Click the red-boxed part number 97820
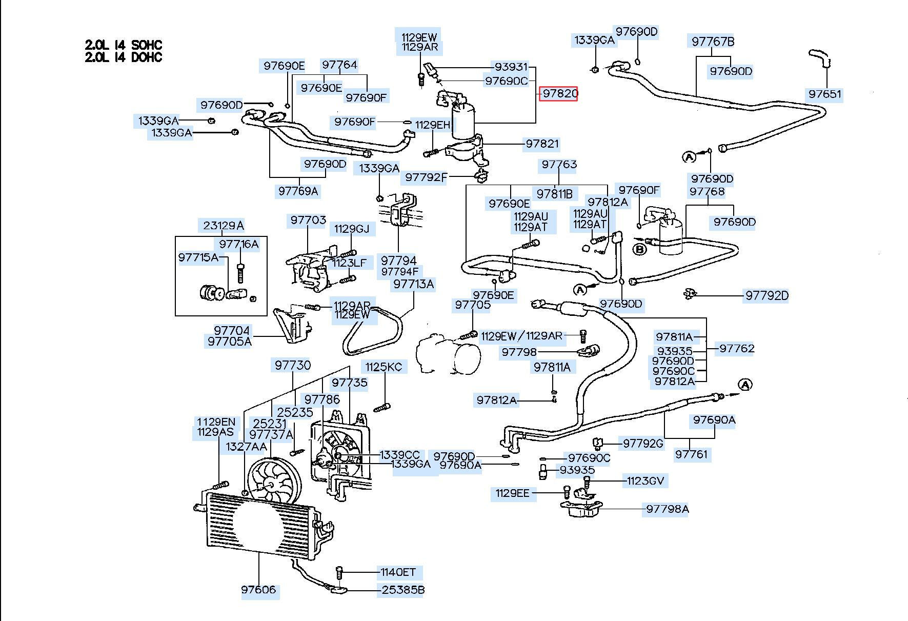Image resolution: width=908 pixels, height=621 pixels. pos(559,94)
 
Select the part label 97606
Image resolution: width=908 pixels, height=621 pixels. pos(258,590)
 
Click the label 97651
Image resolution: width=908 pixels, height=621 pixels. pos(825,94)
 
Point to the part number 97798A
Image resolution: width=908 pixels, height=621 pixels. pos(668,509)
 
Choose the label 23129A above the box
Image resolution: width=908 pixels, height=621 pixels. pos(224,226)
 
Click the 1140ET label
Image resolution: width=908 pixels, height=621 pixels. pos(398,572)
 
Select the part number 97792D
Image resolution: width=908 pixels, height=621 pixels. pos(767,296)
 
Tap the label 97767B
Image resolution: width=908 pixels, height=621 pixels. pos(713,42)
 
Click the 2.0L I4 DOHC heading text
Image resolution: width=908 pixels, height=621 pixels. pos(124,57)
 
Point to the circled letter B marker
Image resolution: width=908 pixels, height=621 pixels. pos(639,250)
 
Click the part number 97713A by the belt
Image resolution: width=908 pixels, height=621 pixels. pos(414,284)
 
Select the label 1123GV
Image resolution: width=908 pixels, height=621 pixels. pos(645,481)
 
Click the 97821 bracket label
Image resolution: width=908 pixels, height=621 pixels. pos(542,144)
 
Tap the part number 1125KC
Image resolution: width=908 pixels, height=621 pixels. pos(384,367)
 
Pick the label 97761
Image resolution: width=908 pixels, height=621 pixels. pos(691,454)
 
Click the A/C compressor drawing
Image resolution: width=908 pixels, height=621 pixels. pos(449,354)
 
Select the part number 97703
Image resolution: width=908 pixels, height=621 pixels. pos(308,220)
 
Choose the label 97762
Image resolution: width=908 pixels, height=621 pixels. pos(737,349)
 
